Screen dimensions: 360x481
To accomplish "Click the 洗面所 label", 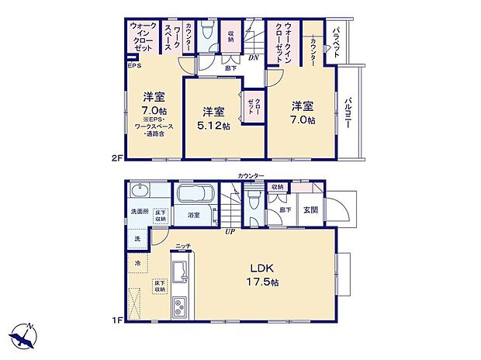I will [x=139, y=213].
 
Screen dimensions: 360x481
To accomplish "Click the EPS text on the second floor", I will [x=135, y=67].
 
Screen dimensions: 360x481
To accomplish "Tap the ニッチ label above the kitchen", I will [x=183, y=246].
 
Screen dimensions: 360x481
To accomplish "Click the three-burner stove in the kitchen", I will [x=179, y=305].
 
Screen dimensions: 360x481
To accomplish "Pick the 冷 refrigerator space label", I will [x=138, y=264].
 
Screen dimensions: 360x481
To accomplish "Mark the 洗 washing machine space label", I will [x=137, y=239].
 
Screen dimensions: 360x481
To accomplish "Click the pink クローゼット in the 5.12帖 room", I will [x=252, y=107].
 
